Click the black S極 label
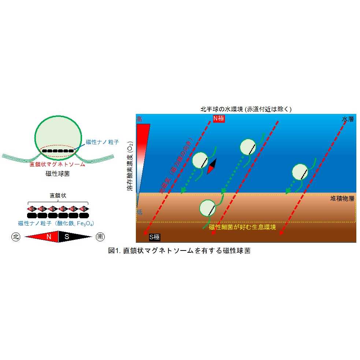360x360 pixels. tap(154, 237)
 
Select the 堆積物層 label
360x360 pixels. tap(342, 198)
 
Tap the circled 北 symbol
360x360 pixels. tap(16, 237)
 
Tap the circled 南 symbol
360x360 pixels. tap(100, 237)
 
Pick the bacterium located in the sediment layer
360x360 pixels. tap(208, 208)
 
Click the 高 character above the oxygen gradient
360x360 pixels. tap(139, 119)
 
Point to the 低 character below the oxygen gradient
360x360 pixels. tap(139, 211)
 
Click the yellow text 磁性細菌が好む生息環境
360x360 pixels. tap(242, 227)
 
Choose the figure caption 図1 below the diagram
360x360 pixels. tap(179, 251)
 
